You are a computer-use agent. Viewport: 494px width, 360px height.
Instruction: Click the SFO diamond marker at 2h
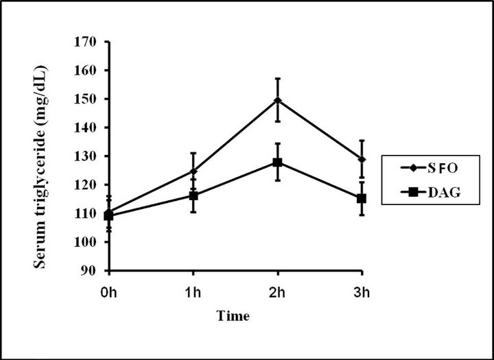pos(278,101)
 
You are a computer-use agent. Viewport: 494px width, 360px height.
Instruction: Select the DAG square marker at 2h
pos(278,163)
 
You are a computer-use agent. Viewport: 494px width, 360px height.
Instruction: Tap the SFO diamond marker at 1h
pos(193,171)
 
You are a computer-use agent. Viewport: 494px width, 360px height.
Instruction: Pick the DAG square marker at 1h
pos(193,196)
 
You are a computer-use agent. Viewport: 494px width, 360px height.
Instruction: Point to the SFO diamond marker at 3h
pos(362,159)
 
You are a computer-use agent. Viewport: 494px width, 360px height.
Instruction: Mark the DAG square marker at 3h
pos(362,199)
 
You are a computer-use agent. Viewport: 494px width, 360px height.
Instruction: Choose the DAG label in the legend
pos(444,192)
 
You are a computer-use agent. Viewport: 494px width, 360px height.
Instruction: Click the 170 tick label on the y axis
pos(85,42)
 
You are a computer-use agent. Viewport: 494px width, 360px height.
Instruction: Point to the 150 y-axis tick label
pos(85,99)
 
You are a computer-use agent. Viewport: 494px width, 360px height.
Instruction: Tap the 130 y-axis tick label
pos(85,156)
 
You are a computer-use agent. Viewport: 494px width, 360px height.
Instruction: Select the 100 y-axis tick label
pos(85,242)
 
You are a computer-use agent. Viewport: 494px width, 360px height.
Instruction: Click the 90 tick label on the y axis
pos(89,271)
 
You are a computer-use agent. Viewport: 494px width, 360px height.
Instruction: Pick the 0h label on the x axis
pos(109,293)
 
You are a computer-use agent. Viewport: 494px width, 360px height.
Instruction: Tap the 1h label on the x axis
pos(193,293)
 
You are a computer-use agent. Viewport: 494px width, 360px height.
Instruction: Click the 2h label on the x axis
pos(278,293)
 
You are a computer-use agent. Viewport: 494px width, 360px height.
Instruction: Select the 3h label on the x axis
pos(362,293)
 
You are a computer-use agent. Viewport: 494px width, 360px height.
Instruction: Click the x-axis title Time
pos(233,315)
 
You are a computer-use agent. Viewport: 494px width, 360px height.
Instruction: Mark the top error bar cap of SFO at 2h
pos(278,78)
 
